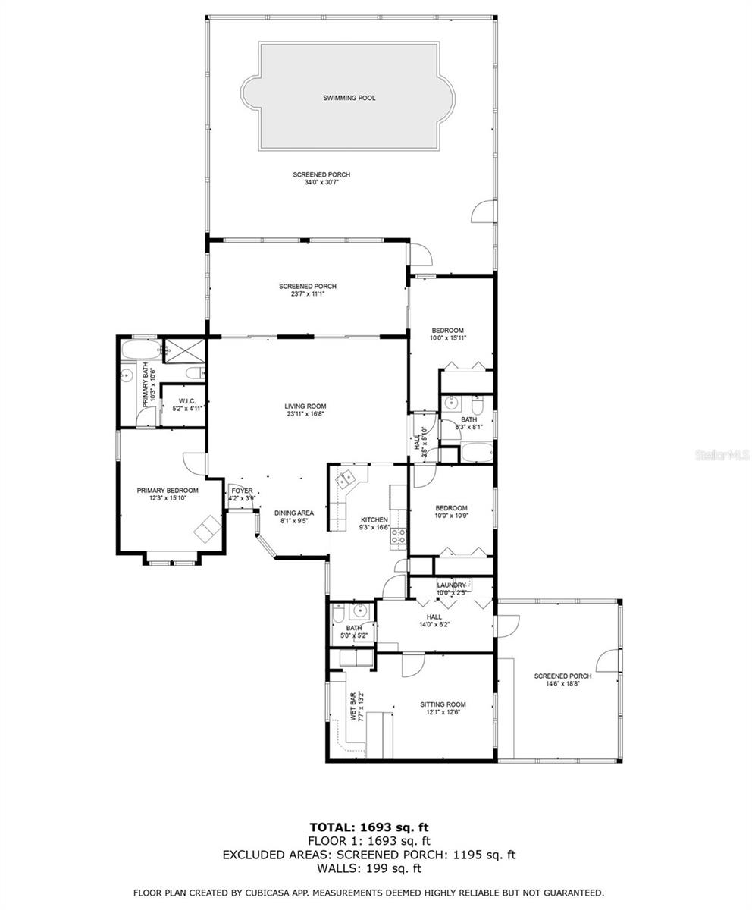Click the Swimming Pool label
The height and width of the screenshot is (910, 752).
click(349, 98)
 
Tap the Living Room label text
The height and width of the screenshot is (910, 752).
click(306, 406)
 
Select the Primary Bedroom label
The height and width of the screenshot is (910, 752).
click(168, 491)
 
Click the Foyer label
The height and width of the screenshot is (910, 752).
click(242, 491)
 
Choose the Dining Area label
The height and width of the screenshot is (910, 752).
click(294, 513)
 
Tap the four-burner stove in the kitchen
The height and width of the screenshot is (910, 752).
click(398, 537)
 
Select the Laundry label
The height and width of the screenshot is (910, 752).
click(451, 585)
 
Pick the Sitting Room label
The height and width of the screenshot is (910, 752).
click(443, 704)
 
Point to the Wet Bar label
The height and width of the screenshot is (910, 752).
click(352, 705)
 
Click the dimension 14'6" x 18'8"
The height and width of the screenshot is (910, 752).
click(562, 683)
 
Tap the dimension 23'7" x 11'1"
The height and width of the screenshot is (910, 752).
click(307, 294)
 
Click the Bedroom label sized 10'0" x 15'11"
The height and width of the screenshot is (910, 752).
click(448, 330)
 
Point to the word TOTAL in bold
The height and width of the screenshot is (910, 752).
click(336, 827)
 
